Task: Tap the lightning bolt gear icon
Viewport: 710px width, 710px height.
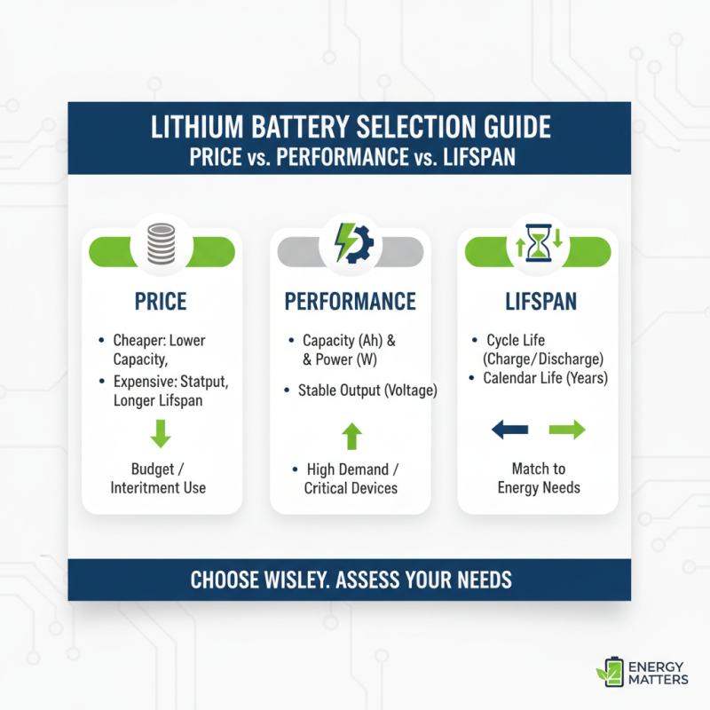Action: coord(351,242)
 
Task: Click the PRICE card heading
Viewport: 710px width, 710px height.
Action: coord(162,302)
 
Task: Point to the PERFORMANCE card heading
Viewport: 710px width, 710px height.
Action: coord(351,302)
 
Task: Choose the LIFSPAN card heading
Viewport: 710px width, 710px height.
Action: coord(539,302)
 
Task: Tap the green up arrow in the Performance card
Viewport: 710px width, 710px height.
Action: coord(351,435)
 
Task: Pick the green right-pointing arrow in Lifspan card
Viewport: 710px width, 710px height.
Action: coord(567,430)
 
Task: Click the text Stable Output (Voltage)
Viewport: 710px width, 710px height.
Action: coord(367,390)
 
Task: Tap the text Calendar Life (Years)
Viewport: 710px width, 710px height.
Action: coord(545,378)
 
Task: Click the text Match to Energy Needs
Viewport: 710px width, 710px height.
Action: coord(539,478)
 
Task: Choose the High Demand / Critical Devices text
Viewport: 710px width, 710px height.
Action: coord(351,478)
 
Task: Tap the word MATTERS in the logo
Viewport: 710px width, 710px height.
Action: coord(657,680)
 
